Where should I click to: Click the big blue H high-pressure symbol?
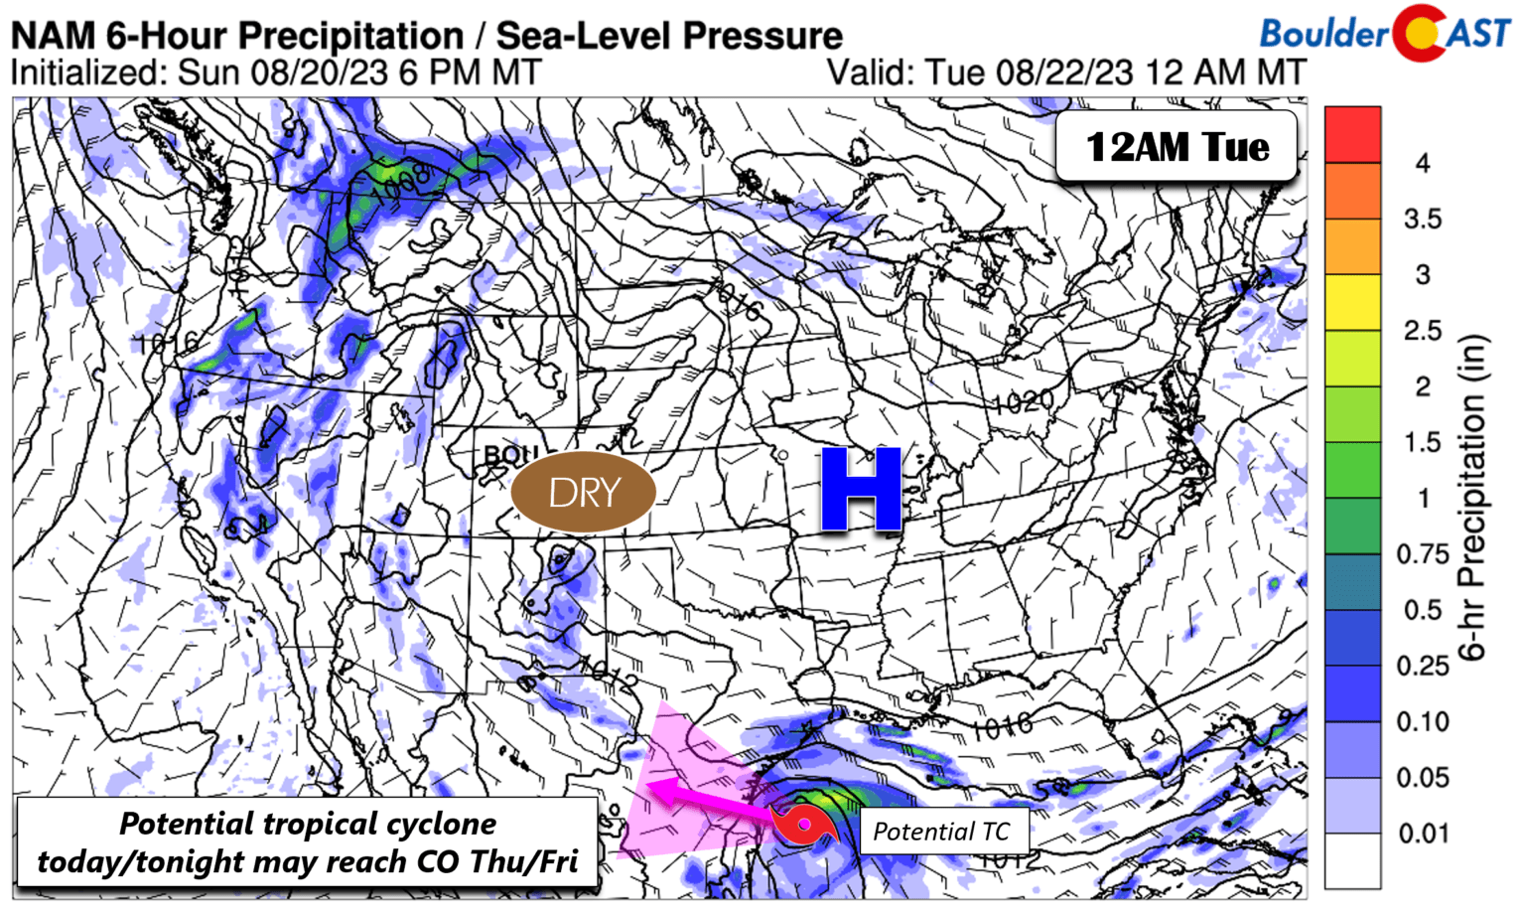pos(861,489)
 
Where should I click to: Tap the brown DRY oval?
pos(584,492)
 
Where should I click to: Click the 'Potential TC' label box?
pos(940,832)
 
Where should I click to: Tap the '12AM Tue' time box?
pos(1177,147)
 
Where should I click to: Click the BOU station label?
pos(509,455)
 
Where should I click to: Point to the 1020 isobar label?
pos(1023,402)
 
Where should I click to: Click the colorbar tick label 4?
pos(1422,163)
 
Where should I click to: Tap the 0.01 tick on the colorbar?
pos(1423,834)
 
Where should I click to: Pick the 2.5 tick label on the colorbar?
pos(1423,331)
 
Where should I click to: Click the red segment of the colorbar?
pos(1352,134)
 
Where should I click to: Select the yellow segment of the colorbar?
pos(1352,302)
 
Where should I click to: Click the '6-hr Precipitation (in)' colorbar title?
pos(1472,497)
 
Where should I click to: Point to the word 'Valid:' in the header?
pos(871,73)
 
